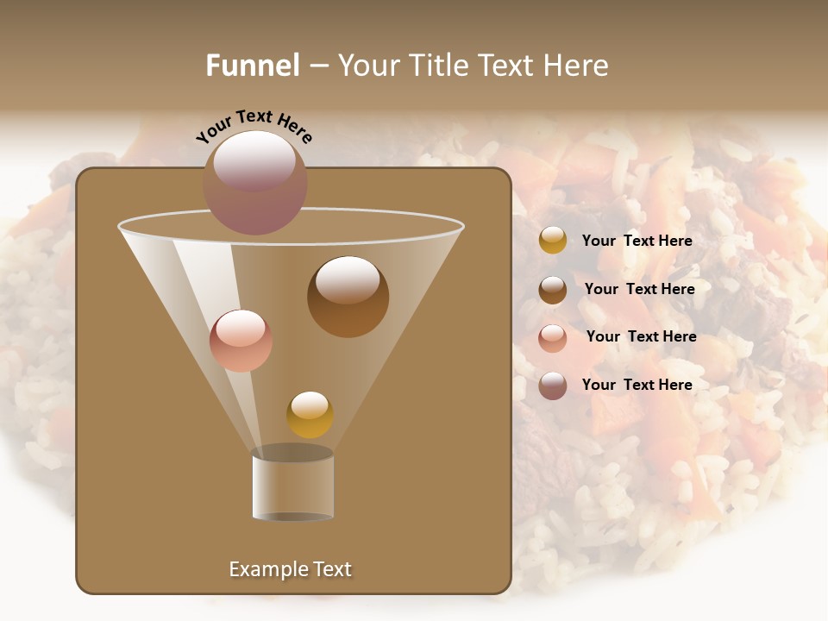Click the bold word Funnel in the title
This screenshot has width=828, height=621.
tap(252, 66)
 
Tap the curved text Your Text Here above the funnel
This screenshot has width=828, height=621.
tap(254, 127)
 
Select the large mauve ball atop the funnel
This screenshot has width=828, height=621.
tap(255, 183)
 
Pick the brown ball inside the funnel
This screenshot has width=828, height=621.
tap(348, 297)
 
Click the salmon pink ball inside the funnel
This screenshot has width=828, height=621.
tap(241, 341)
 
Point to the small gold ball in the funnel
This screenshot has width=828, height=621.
tap(310, 415)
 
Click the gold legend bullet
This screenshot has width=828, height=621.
tap(553, 241)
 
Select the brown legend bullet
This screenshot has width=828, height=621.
tap(553, 289)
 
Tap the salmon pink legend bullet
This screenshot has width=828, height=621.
tap(553, 337)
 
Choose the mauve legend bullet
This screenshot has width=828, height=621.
tap(553, 386)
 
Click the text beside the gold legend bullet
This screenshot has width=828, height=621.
tap(637, 241)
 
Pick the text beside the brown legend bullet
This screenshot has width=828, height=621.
tap(639, 289)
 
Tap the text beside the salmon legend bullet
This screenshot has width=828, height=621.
tap(641, 336)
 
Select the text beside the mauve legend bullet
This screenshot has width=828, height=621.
tap(637, 385)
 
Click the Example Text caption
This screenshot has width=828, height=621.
tap(290, 569)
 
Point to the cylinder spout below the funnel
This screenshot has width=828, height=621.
tap(293, 485)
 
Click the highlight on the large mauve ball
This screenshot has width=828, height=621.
tap(254, 160)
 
